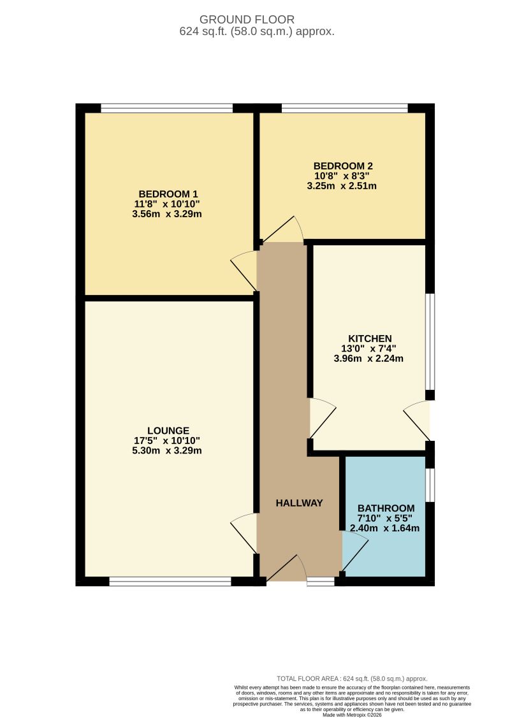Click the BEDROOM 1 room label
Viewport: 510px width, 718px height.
coord(164,194)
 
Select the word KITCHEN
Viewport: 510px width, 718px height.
coord(370,338)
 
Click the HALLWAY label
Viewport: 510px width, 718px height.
coord(299,503)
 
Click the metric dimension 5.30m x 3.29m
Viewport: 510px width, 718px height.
coord(166,450)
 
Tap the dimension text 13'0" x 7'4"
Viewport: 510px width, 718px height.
coord(369,348)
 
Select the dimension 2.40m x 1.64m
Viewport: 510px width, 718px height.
coord(385,528)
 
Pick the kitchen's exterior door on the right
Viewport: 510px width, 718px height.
coord(418,420)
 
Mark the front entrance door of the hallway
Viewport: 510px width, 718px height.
coord(286,568)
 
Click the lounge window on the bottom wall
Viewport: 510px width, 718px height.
coord(170,581)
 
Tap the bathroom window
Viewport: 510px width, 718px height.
coord(430,485)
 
